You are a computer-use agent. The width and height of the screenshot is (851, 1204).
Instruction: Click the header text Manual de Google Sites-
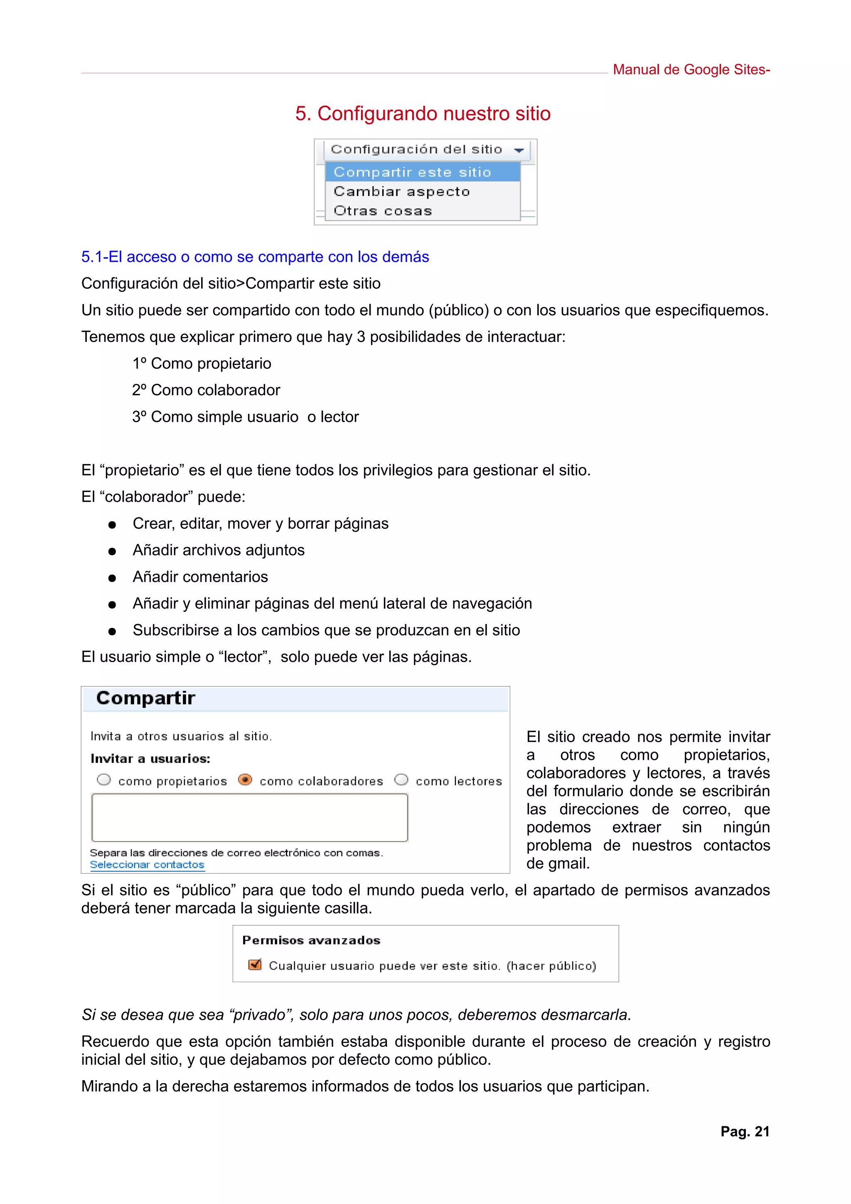tap(691, 70)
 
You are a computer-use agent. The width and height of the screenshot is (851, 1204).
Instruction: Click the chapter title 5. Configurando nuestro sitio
tap(423, 114)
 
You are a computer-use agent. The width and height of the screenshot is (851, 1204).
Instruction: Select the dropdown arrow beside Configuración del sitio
tap(519, 150)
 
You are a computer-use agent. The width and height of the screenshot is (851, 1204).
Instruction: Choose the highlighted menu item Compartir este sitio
tap(412, 172)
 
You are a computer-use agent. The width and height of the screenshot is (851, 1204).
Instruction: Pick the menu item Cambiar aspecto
tap(402, 192)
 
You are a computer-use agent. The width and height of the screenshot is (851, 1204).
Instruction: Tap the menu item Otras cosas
tap(383, 211)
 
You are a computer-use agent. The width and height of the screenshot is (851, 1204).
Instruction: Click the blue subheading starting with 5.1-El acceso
tap(255, 257)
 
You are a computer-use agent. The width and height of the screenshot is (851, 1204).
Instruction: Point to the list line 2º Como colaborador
tap(206, 390)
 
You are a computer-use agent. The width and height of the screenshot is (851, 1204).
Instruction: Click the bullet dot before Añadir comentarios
tap(112, 578)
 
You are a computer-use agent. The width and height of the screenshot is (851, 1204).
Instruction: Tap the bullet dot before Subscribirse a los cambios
tap(112, 632)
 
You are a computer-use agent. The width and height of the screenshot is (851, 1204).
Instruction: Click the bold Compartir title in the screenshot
tap(146, 698)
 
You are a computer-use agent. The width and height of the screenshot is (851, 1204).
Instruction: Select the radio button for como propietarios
tap(104, 780)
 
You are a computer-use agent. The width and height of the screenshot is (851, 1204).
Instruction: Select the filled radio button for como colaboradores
tap(245, 780)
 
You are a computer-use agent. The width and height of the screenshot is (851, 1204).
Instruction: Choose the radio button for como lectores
tap(401, 780)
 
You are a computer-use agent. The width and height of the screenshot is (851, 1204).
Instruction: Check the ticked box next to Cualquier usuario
tap(255, 964)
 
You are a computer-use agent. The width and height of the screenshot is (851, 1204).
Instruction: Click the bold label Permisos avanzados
tap(311, 940)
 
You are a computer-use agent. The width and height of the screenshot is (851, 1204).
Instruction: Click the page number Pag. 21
tap(744, 1132)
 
